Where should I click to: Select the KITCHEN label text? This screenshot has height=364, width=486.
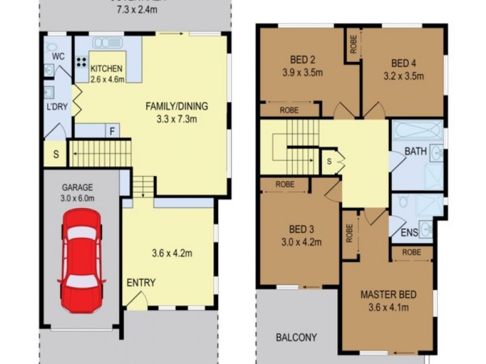107,69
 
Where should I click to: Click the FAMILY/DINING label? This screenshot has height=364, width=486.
176,106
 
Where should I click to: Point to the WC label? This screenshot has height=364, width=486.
58,56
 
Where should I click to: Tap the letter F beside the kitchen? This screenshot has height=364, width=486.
112,130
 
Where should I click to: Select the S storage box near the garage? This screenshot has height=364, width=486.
55,154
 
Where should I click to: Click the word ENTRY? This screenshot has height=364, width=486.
141,283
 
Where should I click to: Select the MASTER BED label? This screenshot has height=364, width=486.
388,295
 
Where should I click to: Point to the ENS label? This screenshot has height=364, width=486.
409,232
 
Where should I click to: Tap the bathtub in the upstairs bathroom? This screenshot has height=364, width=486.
417,131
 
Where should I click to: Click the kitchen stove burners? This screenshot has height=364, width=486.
81,62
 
